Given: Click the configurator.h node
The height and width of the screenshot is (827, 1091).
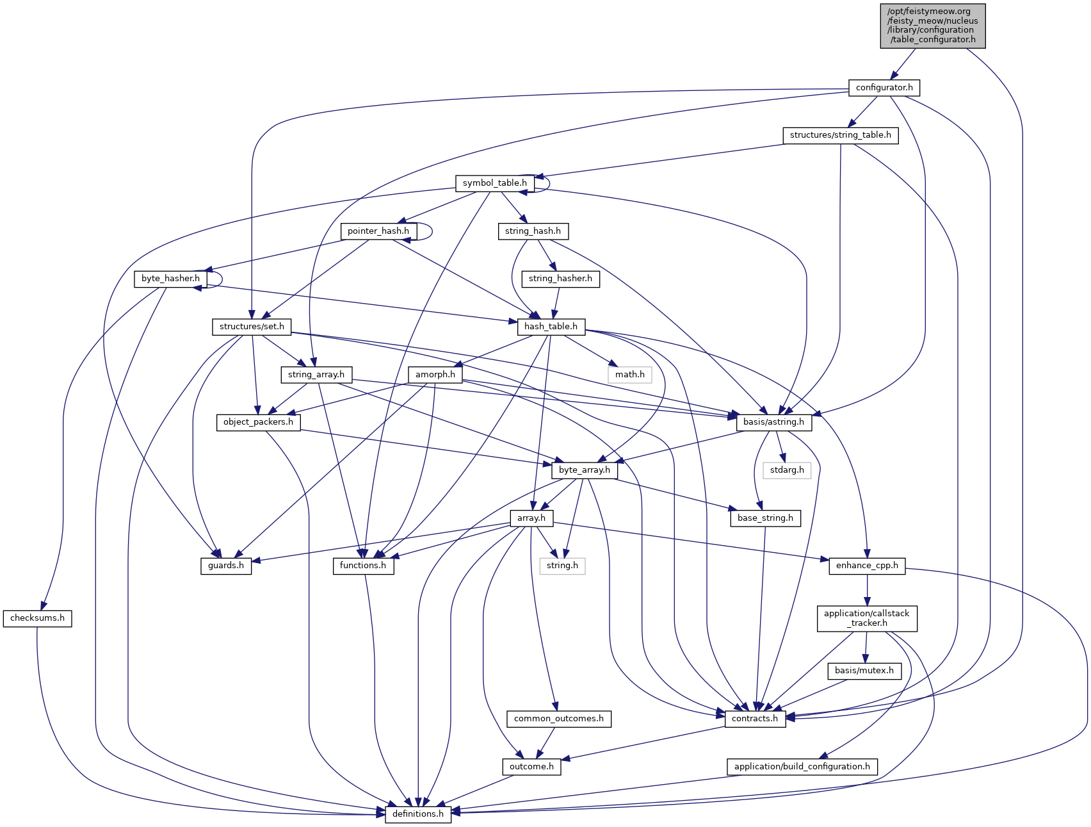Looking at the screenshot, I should pyautogui.click(x=884, y=87).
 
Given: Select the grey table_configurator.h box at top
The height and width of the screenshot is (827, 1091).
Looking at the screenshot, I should pyautogui.click(x=933, y=26).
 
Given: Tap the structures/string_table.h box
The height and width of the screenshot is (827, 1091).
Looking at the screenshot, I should pyautogui.click(x=840, y=135).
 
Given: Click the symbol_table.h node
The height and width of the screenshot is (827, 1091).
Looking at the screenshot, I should pyautogui.click(x=494, y=183).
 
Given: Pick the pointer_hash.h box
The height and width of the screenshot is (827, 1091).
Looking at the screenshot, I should pyautogui.click(x=378, y=231).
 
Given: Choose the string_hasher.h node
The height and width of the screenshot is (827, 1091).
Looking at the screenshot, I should pyautogui.click(x=560, y=279).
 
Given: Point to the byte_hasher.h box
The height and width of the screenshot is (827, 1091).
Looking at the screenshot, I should pyautogui.click(x=170, y=279).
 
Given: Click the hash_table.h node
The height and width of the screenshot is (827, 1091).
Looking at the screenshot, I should pyautogui.click(x=551, y=327).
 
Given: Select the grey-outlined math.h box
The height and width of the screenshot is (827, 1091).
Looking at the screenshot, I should pyautogui.click(x=629, y=374).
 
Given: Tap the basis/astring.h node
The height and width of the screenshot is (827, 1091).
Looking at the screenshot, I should pyautogui.click(x=773, y=422).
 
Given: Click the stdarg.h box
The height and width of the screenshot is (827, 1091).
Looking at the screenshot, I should pyautogui.click(x=787, y=470).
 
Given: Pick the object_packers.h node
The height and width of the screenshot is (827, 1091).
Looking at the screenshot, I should pyautogui.click(x=258, y=422).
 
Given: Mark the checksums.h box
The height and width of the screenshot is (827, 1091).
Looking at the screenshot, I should pyautogui.click(x=37, y=618).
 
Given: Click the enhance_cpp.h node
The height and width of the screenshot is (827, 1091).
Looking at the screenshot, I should pyautogui.click(x=867, y=566).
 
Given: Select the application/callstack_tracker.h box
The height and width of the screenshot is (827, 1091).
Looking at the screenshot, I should pyautogui.click(x=866, y=618).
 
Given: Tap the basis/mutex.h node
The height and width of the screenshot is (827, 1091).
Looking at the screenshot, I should pyautogui.click(x=864, y=671).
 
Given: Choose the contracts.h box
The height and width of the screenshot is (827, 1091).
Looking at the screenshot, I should pyautogui.click(x=755, y=719).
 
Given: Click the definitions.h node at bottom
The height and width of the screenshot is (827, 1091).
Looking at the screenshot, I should pyautogui.click(x=417, y=814).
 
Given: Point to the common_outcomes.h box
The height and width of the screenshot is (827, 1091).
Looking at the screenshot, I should pyautogui.click(x=558, y=719).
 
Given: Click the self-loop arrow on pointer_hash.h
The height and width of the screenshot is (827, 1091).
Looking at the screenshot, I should pyautogui.click(x=431, y=231).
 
